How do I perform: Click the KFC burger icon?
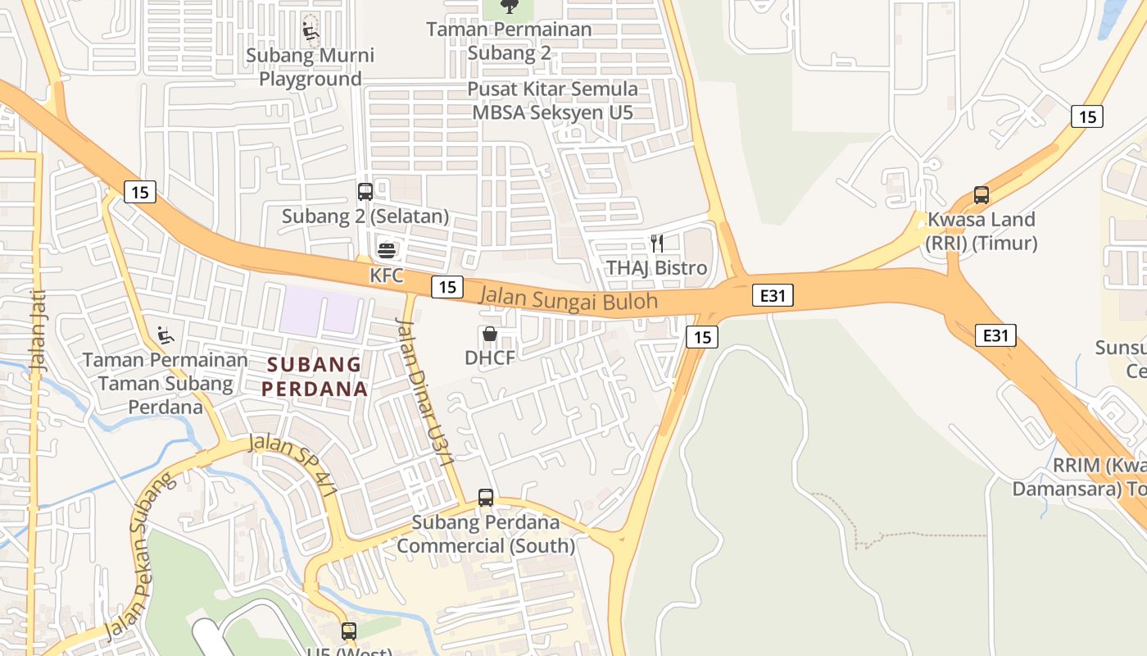click(x=386, y=249)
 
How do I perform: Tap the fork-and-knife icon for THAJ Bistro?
click(x=656, y=243)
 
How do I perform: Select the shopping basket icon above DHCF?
click(x=490, y=334)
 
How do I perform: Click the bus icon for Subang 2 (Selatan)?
click(x=365, y=192)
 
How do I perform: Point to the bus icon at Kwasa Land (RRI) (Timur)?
click(x=982, y=195)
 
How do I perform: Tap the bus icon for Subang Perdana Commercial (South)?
click(x=486, y=497)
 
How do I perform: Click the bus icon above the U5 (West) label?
click(x=349, y=631)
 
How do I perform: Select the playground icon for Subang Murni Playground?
click(x=311, y=31)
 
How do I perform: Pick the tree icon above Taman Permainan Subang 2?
click(x=510, y=7)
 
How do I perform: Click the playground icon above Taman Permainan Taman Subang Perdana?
click(x=165, y=335)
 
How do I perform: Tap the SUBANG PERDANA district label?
click(x=315, y=376)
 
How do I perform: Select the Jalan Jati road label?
click(x=38, y=331)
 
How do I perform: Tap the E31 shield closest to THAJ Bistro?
click(x=773, y=295)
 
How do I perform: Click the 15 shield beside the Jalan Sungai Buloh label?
click(x=447, y=287)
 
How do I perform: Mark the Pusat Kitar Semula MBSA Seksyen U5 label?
click(x=552, y=100)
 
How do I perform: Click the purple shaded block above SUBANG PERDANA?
click(x=321, y=311)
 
